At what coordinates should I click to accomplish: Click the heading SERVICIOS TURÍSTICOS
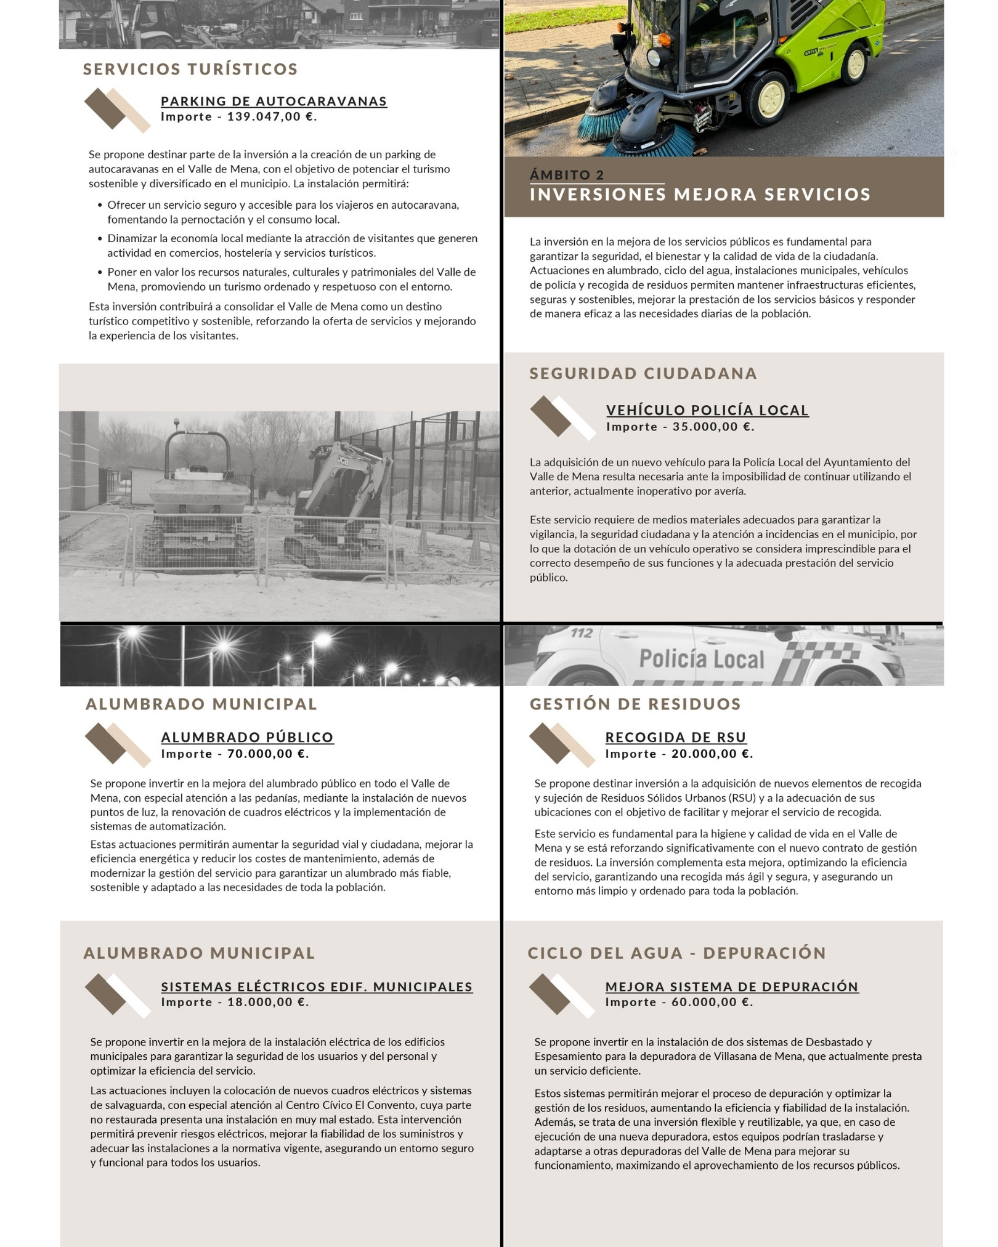tap(190, 69)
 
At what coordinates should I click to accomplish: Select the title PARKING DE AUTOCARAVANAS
tap(274, 101)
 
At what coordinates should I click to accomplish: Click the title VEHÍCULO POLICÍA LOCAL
tap(707, 410)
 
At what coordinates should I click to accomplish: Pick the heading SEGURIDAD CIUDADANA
tap(643, 373)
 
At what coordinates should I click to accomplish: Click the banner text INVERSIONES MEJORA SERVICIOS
tap(700, 195)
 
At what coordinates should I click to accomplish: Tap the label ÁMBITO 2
tap(567, 175)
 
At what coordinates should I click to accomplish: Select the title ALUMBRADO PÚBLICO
tap(247, 737)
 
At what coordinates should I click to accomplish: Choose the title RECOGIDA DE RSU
tap(676, 737)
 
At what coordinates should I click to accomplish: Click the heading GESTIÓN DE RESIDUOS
tap(635, 704)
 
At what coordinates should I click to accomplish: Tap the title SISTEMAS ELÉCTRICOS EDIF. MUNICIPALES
tap(317, 987)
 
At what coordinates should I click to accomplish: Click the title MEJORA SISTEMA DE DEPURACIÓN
tap(732, 987)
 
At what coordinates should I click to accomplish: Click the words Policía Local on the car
tap(702, 659)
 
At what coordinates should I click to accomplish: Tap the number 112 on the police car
tap(582, 633)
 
